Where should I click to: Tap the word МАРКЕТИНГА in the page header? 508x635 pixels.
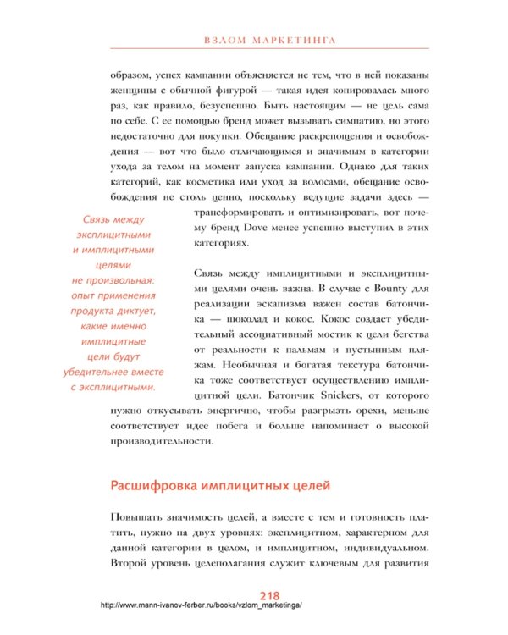[293, 39]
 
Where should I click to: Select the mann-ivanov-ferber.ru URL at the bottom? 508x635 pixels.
[201, 606]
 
